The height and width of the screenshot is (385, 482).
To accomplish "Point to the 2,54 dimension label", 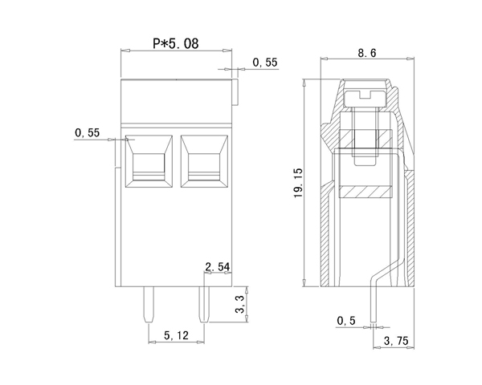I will tap(219, 266).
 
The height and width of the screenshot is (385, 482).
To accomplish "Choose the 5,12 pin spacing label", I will tap(177, 337).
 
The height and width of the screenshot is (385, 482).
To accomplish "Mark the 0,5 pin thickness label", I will tap(347, 321).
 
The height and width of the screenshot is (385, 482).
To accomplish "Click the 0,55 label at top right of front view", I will tap(264, 62).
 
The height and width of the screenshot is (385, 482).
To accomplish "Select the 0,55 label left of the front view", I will tap(87, 132).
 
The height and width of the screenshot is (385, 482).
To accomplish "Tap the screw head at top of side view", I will tap(366, 99).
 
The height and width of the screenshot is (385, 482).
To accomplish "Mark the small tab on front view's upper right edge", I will tap(236, 91).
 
